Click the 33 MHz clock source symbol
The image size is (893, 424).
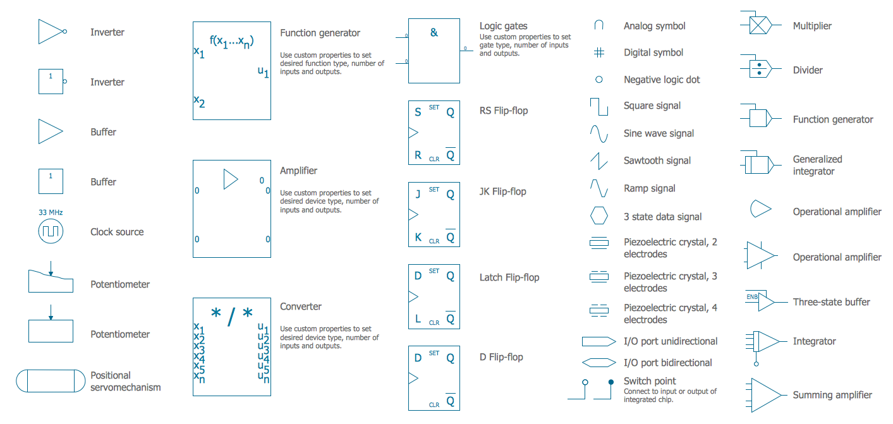pos(51,232)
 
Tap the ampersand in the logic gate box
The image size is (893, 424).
pos(434,33)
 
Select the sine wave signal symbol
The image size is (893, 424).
pos(598,133)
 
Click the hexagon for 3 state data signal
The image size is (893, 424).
pos(598,216)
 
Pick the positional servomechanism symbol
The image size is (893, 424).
pos(51,381)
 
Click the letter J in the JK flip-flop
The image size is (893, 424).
pos(418,195)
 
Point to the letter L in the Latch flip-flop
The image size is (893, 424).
pos(418,320)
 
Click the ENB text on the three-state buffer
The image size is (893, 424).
pos(752,297)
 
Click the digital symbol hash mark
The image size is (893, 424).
pos(598,53)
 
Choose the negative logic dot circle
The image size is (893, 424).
pos(598,80)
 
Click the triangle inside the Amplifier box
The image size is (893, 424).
pos(230,179)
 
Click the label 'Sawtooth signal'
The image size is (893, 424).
pos(657,161)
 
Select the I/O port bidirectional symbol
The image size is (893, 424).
pos(598,363)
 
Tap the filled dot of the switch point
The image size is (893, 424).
pos(611,382)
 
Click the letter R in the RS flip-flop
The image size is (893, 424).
pos(418,155)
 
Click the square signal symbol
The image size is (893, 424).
pos(598,106)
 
